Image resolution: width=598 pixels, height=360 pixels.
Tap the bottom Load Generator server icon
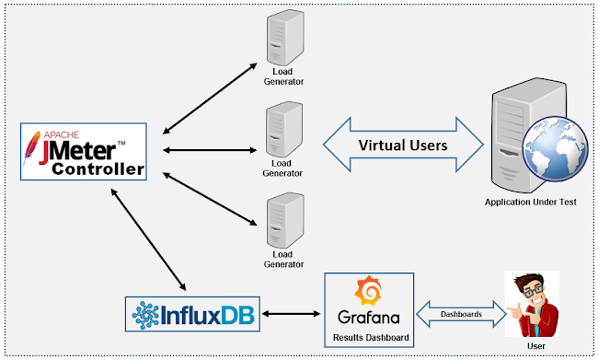[x=282, y=221]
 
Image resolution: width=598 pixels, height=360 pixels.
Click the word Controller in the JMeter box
[x=97, y=169]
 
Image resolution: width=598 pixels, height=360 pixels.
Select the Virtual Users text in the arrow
[x=402, y=145]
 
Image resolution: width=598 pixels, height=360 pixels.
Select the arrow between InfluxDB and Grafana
[x=293, y=316]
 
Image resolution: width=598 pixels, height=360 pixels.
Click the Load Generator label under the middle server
[x=282, y=166]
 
